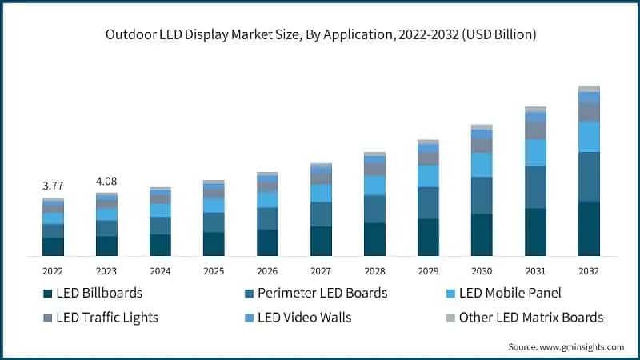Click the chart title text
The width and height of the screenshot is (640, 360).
(320, 35)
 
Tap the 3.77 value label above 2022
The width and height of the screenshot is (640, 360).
(53, 186)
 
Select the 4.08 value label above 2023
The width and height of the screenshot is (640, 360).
(106, 181)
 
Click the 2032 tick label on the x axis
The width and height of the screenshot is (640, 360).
(589, 271)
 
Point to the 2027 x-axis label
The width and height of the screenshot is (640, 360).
(321, 271)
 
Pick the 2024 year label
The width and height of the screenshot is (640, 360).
(160, 271)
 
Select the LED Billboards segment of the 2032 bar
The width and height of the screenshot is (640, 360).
(589, 229)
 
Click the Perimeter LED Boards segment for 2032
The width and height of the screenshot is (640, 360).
(589, 177)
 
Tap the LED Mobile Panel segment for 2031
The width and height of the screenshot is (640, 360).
(535, 153)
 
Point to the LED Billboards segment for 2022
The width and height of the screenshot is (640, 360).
(53, 246)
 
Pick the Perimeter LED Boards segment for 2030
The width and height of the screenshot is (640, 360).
(482, 195)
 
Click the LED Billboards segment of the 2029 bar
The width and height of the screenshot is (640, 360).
(428, 237)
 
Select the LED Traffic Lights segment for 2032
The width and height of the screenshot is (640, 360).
(589, 112)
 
